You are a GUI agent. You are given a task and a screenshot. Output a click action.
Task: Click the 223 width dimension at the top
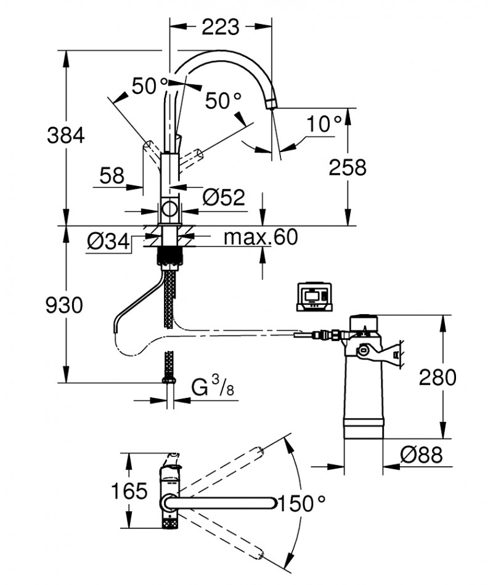[221, 27]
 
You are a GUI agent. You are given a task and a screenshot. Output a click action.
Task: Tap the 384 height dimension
[66, 135]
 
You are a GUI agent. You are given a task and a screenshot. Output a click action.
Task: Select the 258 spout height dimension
[348, 167]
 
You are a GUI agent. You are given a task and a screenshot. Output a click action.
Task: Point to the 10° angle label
[324, 124]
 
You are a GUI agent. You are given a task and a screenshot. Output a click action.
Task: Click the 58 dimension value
[112, 175]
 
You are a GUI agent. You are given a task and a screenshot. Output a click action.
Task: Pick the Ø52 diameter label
[224, 197]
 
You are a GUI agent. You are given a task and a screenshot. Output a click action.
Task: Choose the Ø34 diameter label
[108, 241]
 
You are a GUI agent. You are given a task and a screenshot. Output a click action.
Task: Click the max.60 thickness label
[261, 236]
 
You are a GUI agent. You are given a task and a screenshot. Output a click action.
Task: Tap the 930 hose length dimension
[64, 305]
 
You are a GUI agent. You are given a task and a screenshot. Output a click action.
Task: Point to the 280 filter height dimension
[438, 377]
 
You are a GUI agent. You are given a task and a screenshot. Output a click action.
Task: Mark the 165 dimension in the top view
[129, 491]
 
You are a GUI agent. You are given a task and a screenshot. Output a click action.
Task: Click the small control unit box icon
[314, 297]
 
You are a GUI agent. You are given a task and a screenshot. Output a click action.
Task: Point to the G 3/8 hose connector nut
[169, 381]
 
